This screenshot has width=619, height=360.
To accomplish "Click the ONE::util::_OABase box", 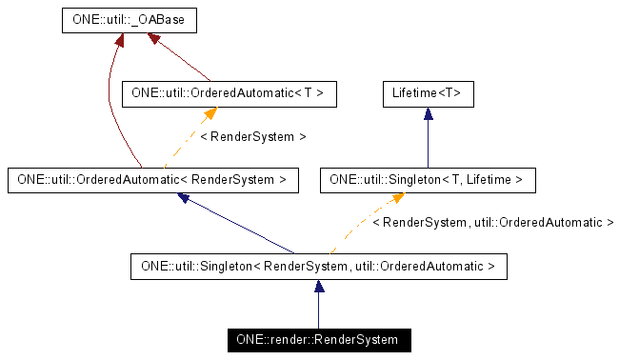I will point(122,19).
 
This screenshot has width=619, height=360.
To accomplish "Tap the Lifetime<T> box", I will point(428,94).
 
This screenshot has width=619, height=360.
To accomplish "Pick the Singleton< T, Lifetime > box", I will point(428,178).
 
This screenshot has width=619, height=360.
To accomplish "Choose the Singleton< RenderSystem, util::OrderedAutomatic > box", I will point(317,266).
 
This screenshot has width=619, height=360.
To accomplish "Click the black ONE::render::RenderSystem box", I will point(317,339).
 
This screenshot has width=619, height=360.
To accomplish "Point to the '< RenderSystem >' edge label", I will point(253,137).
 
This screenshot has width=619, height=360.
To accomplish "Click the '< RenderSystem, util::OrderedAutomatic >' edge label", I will point(492,222).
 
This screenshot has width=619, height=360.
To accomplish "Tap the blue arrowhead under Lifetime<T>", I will point(429,113).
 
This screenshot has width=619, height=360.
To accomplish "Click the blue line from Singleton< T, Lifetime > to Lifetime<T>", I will point(429,143).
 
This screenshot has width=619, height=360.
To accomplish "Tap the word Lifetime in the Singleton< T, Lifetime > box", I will point(484,178).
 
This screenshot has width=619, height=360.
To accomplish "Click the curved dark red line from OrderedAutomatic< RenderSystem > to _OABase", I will point(111,105).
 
